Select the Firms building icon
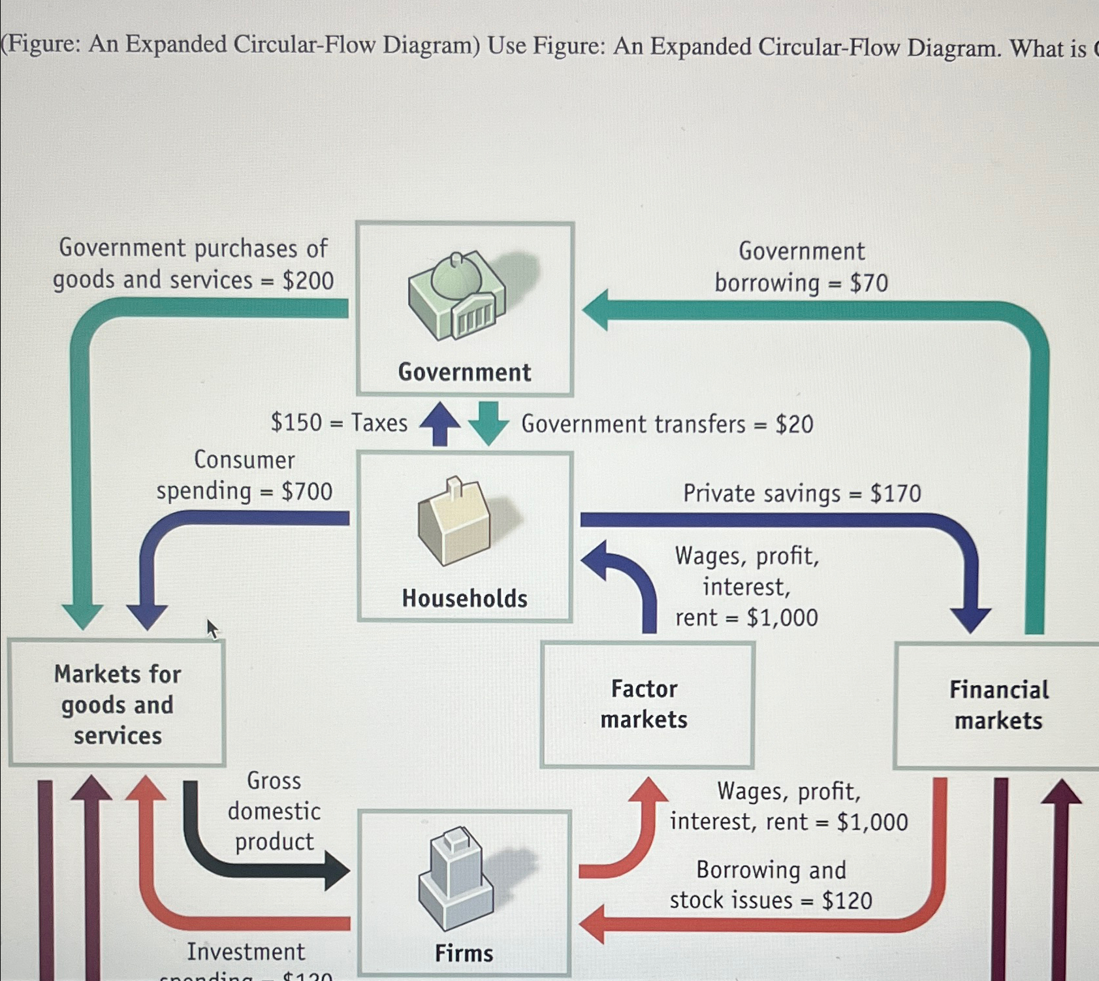click(x=456, y=878)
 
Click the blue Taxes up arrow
click(x=440, y=423)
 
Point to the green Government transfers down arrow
click(x=488, y=423)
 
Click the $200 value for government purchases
click(x=308, y=281)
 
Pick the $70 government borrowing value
click(x=868, y=283)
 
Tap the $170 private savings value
click(x=895, y=494)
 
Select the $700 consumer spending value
click(x=306, y=491)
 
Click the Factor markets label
click(x=644, y=704)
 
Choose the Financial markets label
click(x=998, y=705)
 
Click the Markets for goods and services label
click(x=118, y=705)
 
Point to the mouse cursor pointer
click(x=212, y=628)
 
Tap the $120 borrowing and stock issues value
click(x=847, y=901)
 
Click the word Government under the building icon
click(x=464, y=372)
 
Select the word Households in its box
click(x=464, y=598)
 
